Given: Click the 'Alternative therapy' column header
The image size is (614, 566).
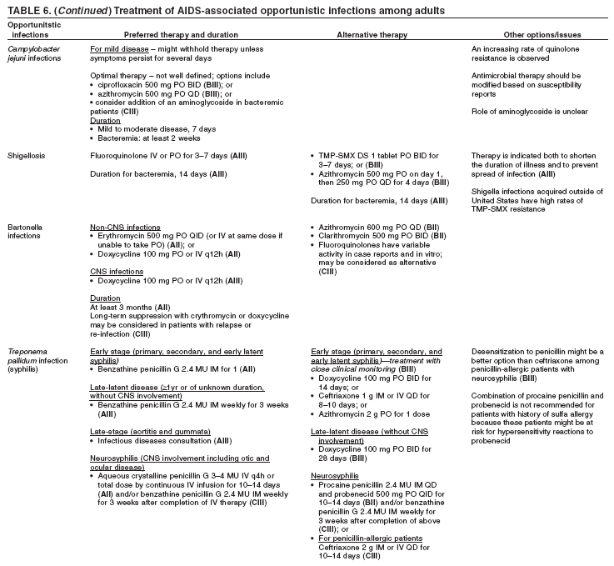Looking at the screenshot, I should (372, 35).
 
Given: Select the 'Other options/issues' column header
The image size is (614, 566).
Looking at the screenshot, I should (542, 35).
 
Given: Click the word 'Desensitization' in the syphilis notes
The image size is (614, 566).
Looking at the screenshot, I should (502, 352).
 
